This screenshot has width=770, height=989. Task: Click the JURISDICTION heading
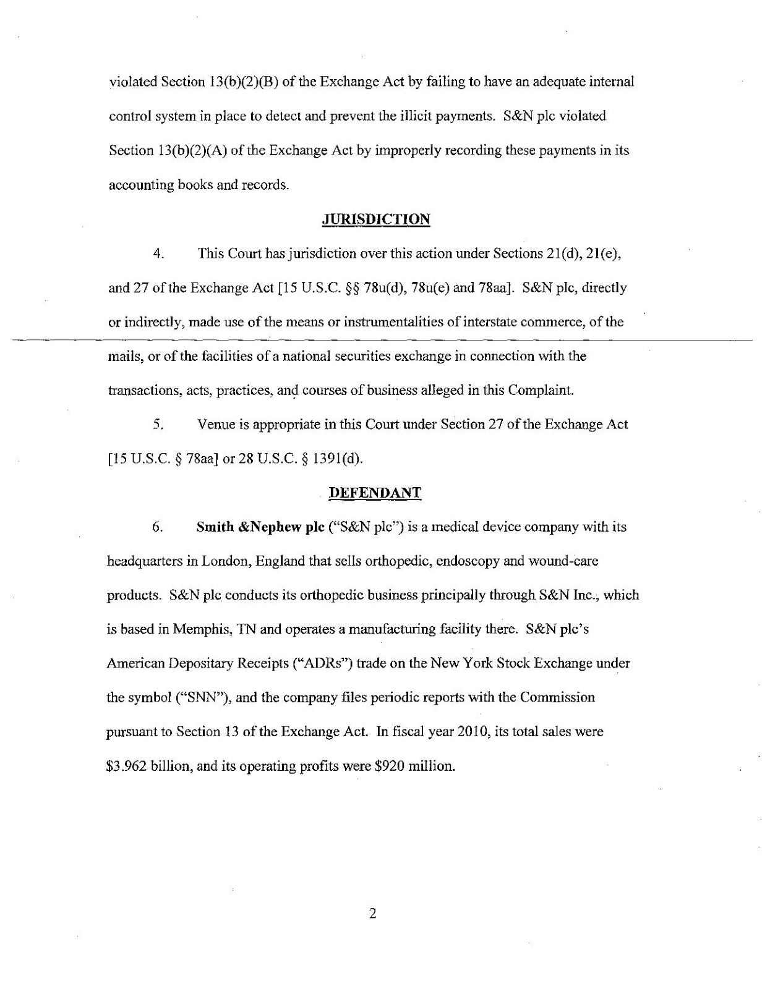coord(375,219)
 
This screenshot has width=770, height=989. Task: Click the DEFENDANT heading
coord(374,493)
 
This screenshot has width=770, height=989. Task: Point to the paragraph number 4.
coord(158,253)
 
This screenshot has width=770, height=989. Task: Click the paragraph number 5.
coord(158,425)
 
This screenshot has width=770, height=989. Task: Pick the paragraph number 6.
coord(158,527)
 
